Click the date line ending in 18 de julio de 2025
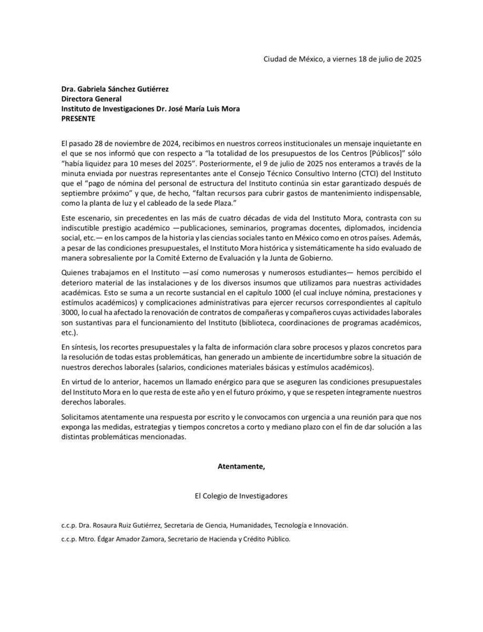click(342, 59)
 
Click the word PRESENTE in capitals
click(79, 118)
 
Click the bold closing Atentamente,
click(241, 466)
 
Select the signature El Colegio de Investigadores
click(241, 496)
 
